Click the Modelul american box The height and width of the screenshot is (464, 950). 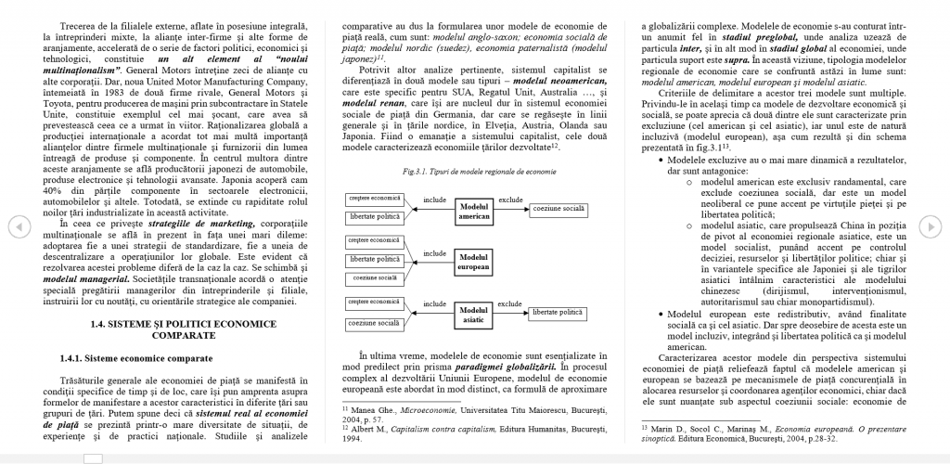pyautogui.click(x=474, y=211)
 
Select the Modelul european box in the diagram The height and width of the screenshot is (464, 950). pyautogui.click(x=474, y=261)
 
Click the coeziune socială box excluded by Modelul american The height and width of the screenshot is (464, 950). pyautogui.click(x=558, y=209)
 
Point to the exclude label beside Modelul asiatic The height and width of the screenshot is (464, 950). pyautogui.click(x=510, y=303)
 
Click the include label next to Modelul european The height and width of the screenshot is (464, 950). pyautogui.click(x=434, y=251)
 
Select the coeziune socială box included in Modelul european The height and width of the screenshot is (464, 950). pyautogui.click(x=375, y=277)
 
